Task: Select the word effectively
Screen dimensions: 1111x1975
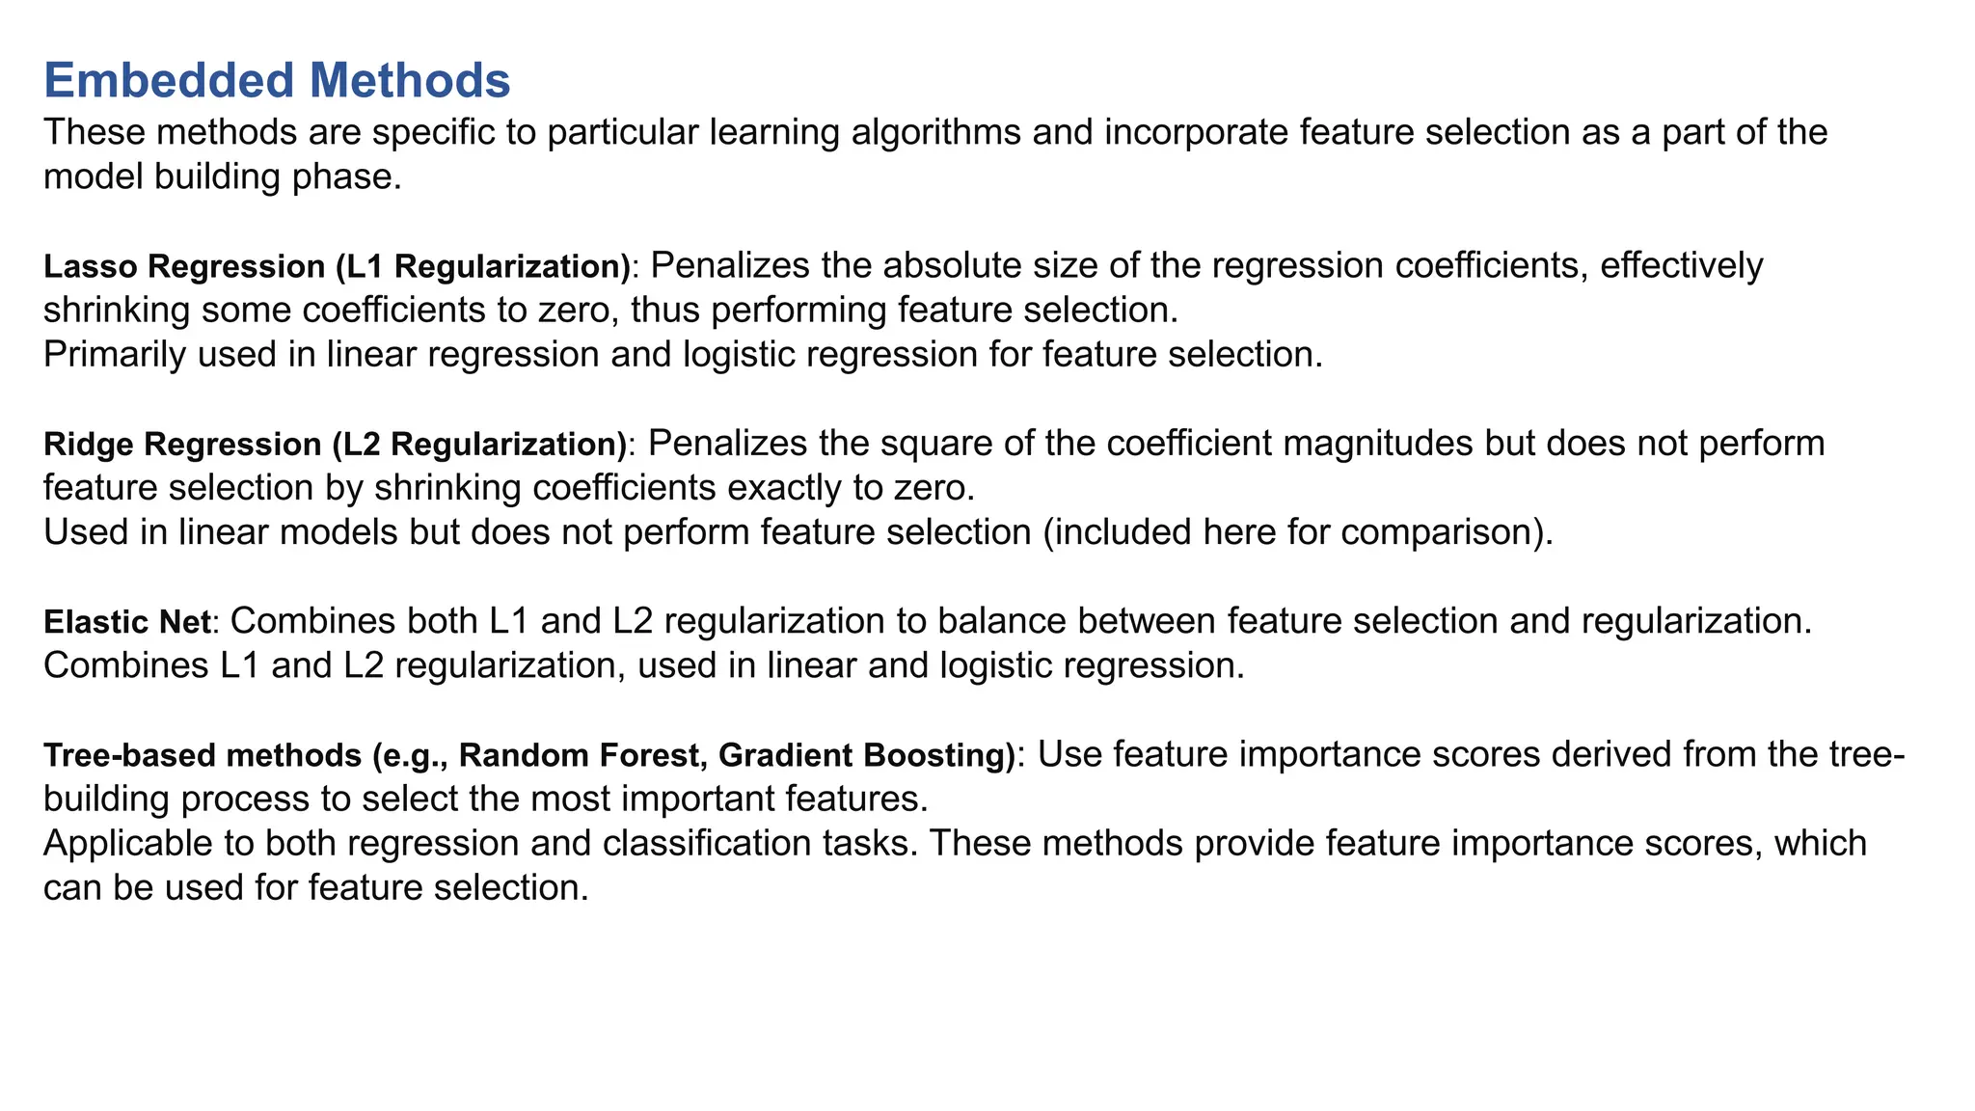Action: (1681, 265)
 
